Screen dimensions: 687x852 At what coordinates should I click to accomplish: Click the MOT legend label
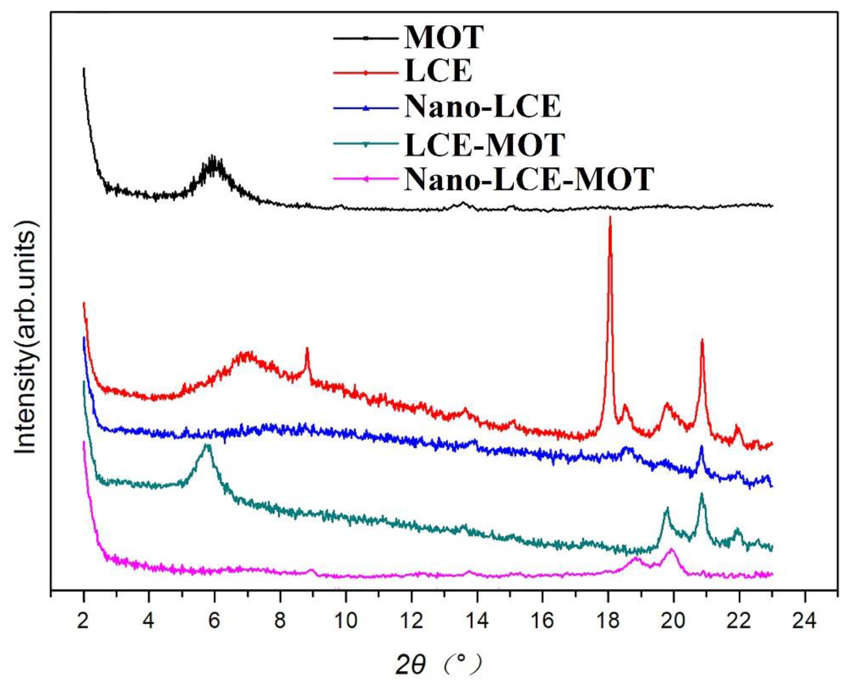pos(443,38)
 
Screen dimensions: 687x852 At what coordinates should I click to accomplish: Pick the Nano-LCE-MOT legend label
pos(529,179)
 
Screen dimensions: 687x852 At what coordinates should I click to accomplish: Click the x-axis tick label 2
pos(83,621)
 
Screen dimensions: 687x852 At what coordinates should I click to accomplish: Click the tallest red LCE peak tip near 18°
pos(610,217)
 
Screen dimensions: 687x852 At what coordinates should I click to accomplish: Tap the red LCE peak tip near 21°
pos(702,339)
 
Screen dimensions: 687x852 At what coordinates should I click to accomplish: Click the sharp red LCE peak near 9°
pos(307,348)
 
